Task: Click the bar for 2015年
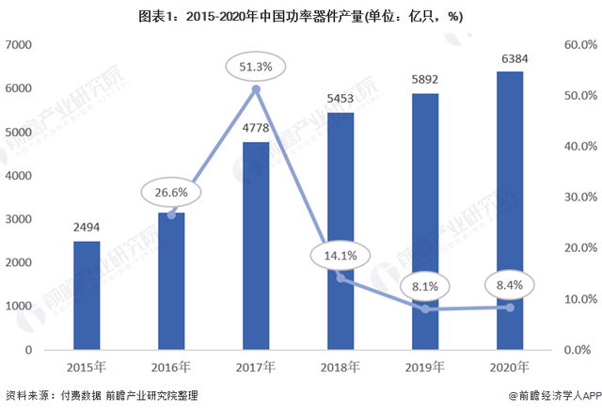click(86, 294)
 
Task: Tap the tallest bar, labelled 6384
click(509, 210)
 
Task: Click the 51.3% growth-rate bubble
click(256, 65)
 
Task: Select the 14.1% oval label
click(341, 255)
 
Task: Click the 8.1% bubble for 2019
click(425, 285)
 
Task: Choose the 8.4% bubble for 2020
click(509, 283)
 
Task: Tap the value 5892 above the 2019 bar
click(425, 78)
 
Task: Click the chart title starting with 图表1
click(301, 15)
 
